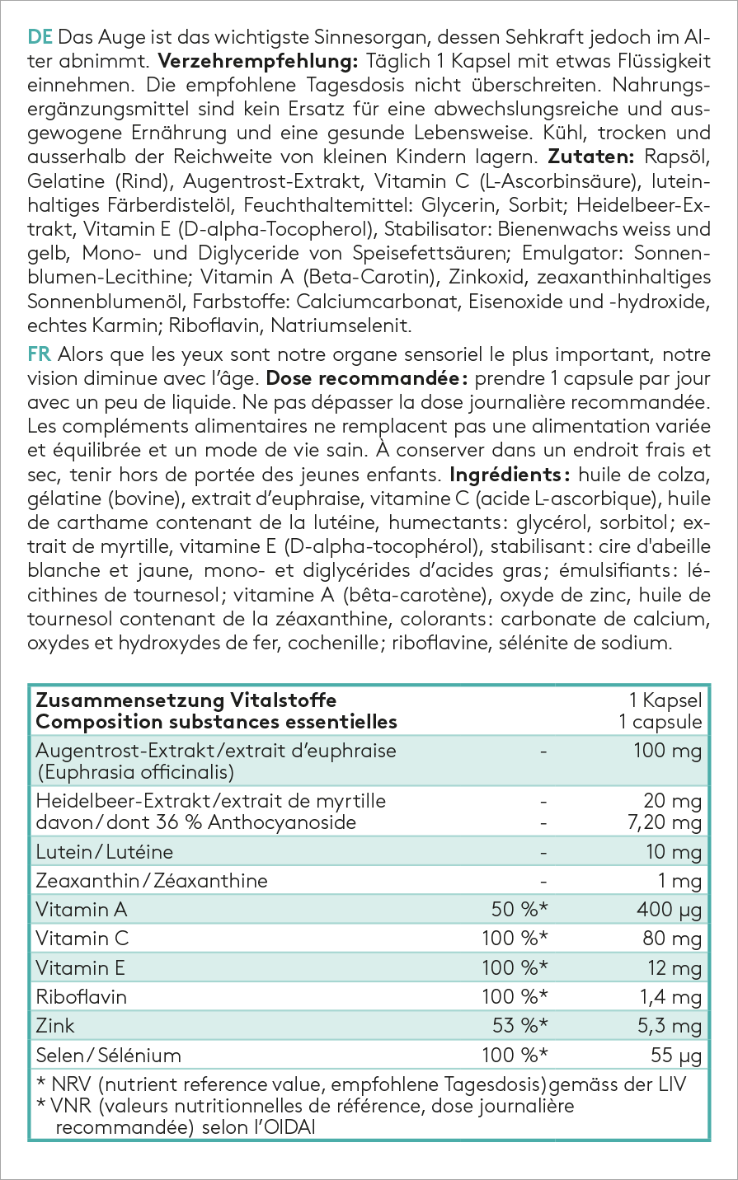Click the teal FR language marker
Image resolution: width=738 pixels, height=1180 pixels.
click(39, 355)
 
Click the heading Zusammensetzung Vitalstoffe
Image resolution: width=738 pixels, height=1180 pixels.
click(186, 700)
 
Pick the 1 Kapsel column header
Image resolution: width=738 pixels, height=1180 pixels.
click(665, 700)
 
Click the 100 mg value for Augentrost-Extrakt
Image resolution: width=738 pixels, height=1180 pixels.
click(668, 751)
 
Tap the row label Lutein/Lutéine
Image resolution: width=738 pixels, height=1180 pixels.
click(105, 851)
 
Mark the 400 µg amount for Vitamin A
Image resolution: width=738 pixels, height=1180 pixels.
click(669, 910)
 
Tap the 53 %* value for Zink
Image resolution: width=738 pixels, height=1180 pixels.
click(520, 1026)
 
